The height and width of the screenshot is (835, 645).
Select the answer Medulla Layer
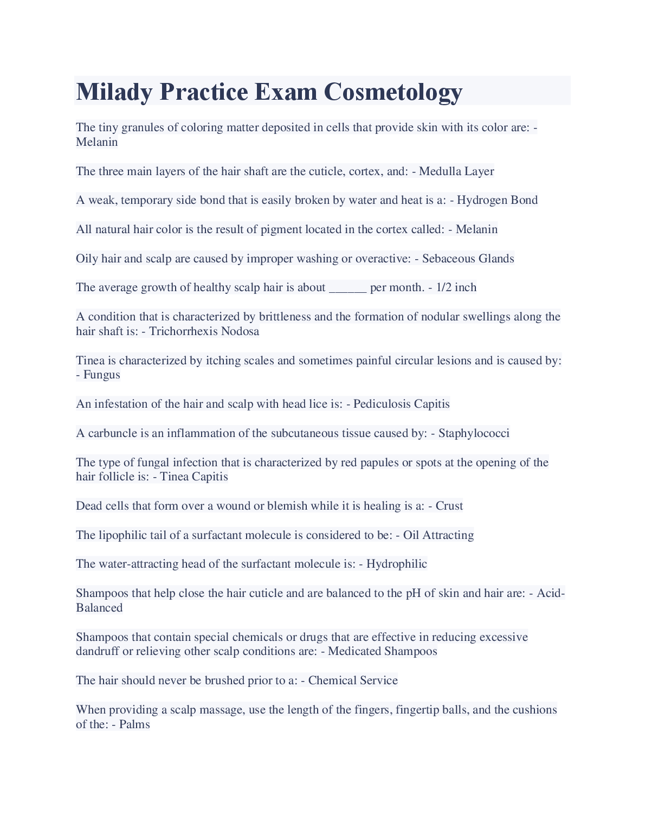pyautogui.click(x=456, y=171)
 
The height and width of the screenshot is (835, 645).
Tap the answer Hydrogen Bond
pyautogui.click(x=497, y=200)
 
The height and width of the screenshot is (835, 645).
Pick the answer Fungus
pyautogui.click(x=101, y=375)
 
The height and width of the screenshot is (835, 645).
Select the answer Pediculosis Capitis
pyautogui.click(x=401, y=404)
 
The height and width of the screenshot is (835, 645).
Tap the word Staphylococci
pyautogui.click(x=474, y=433)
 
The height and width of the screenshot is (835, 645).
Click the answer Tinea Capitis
pyautogui.click(x=193, y=477)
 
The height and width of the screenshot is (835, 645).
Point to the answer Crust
pyautogui.click(x=449, y=506)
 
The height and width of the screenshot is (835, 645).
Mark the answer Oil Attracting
pyautogui.click(x=438, y=535)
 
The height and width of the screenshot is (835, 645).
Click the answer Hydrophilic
pyautogui.click(x=396, y=564)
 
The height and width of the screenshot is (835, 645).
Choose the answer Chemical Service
pyautogui.click(x=353, y=680)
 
